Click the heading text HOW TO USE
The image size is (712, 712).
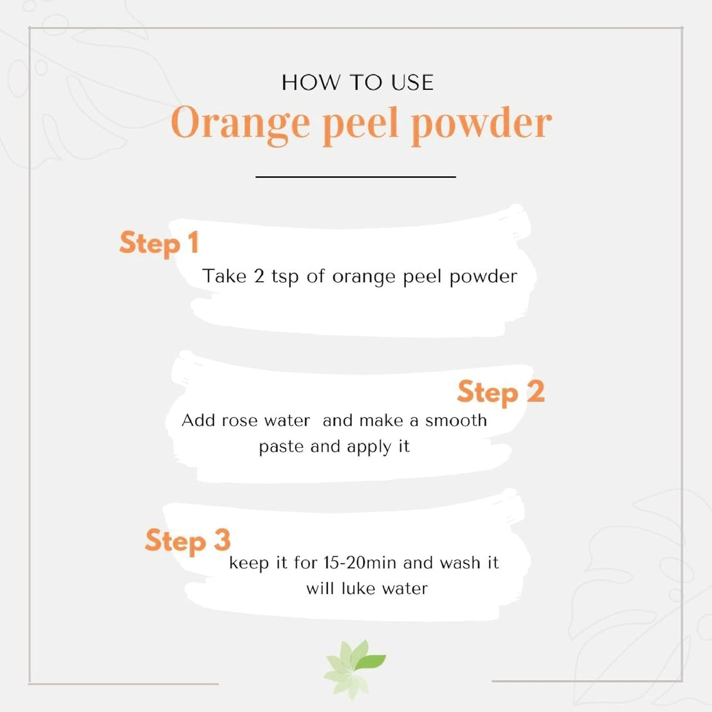coord(357,83)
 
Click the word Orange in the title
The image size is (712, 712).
coord(240,124)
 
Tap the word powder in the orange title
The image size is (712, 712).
coord(481,124)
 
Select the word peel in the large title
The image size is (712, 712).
coord(360,124)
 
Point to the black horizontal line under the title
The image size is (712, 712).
coord(355,176)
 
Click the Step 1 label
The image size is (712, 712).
coord(159,243)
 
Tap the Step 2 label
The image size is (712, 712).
coord(500,392)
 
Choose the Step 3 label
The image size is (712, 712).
coord(188,541)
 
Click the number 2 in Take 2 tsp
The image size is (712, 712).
coord(259,276)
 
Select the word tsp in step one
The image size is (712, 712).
coord(285,277)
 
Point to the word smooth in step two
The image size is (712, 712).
coord(456,420)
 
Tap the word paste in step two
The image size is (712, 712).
coord(282,447)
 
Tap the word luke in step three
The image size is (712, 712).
coord(358,588)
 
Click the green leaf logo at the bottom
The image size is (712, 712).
coord(353,669)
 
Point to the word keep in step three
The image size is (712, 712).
coord(249,563)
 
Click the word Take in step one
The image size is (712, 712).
coord(224,276)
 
